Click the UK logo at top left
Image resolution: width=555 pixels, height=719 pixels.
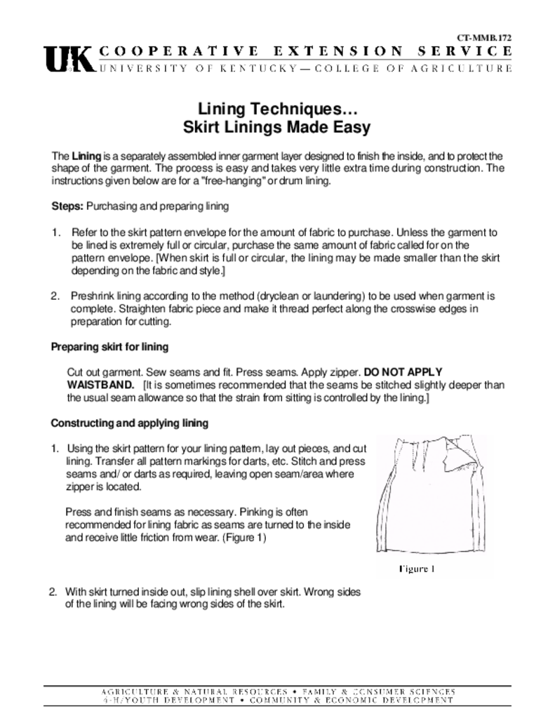pyautogui.click(x=68, y=59)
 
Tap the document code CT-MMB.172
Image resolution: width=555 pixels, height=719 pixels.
pyautogui.click(x=484, y=37)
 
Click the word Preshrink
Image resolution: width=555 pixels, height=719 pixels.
pyautogui.click(x=92, y=296)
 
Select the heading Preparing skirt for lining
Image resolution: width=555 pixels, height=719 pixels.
pyautogui.click(x=109, y=347)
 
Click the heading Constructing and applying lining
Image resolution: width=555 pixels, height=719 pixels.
pyautogui.click(x=129, y=423)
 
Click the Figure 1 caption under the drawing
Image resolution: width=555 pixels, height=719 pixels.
pyautogui.click(x=417, y=569)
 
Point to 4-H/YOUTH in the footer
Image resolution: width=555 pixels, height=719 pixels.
pyautogui.click(x=126, y=701)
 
